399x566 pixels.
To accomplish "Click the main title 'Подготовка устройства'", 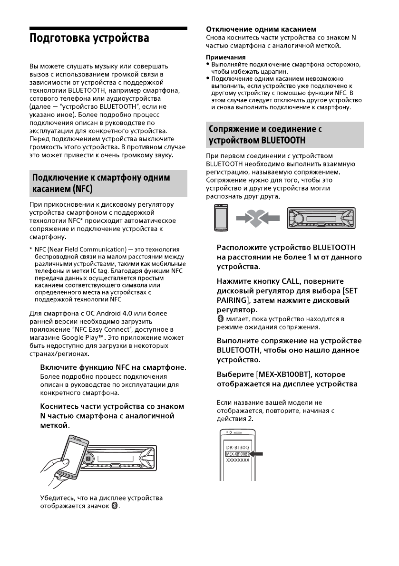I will click(x=89, y=38).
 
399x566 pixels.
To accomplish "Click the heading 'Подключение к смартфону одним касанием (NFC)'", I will click(x=100, y=183).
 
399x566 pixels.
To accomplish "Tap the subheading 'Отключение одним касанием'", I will click(x=261, y=29).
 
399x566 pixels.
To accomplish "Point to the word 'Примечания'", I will click(x=225, y=58).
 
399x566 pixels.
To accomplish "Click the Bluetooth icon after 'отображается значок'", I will click(x=115, y=507).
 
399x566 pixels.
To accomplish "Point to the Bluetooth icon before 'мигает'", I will click(x=220, y=319).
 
